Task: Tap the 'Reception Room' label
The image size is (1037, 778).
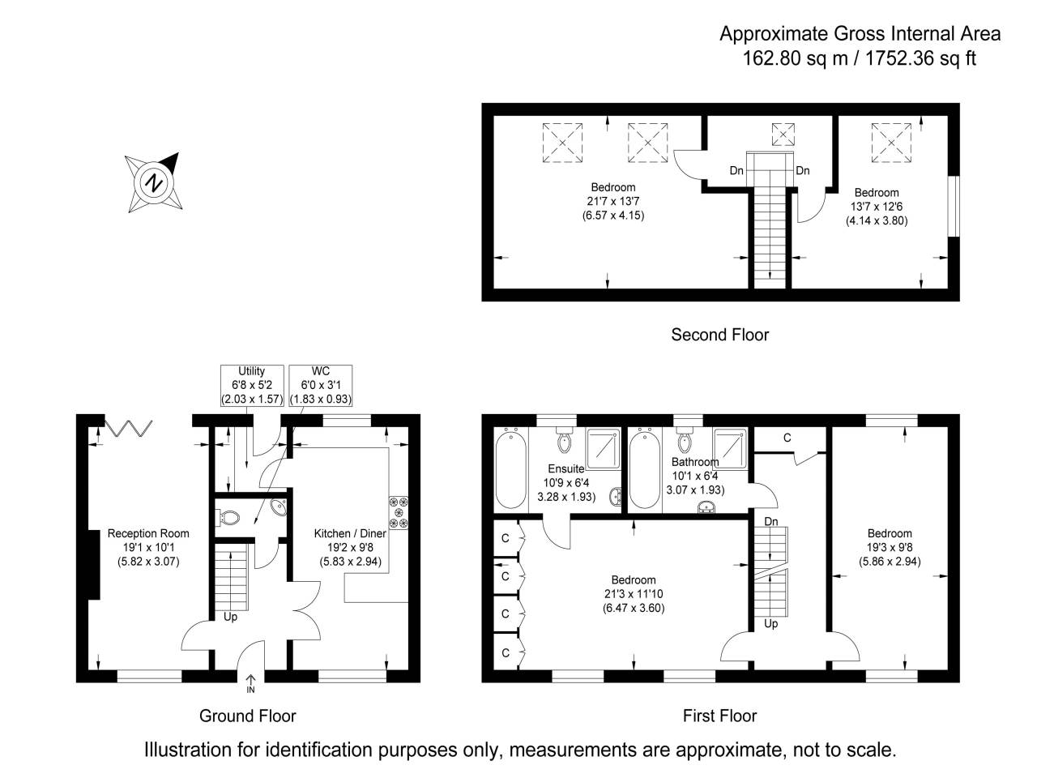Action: click(148, 533)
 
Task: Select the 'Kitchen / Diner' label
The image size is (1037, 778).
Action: click(350, 533)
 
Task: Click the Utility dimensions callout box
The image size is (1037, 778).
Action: click(252, 385)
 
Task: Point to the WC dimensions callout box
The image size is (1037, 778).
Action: click(320, 385)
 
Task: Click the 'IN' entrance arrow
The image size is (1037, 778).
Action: click(250, 684)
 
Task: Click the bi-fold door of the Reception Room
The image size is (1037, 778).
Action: click(127, 428)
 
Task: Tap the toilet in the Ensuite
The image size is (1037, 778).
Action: click(565, 442)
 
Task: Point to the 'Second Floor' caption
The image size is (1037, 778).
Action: click(719, 335)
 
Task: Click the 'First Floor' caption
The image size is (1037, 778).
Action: click(719, 716)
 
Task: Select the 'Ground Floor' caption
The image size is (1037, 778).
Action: click(247, 716)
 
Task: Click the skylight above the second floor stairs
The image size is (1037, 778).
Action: click(783, 134)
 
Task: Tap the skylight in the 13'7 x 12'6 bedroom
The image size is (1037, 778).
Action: click(891, 142)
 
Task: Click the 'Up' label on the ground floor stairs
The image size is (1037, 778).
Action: click(230, 618)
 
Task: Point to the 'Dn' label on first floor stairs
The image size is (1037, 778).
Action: click(770, 521)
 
